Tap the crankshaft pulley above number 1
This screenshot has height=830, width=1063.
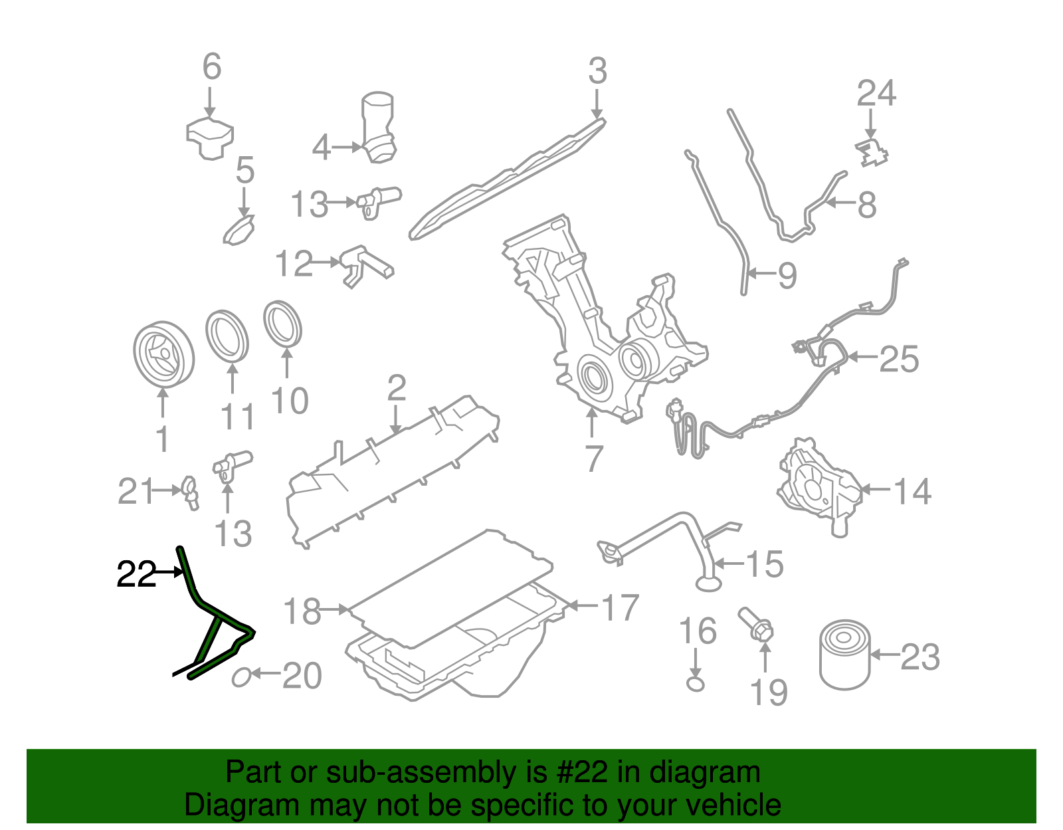(163, 355)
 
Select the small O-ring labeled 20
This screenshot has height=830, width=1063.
(241, 677)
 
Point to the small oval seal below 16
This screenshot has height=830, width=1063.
(695, 683)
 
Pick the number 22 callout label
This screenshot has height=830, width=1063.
(136, 574)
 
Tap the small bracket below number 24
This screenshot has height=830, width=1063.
(872, 154)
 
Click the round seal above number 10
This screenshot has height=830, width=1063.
(283, 324)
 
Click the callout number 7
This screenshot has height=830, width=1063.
(593, 458)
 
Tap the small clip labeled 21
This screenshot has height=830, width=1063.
(189, 492)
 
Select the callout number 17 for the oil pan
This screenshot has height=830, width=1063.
(619, 607)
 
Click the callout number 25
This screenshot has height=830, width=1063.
(899, 359)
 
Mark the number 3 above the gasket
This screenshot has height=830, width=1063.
(597, 70)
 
